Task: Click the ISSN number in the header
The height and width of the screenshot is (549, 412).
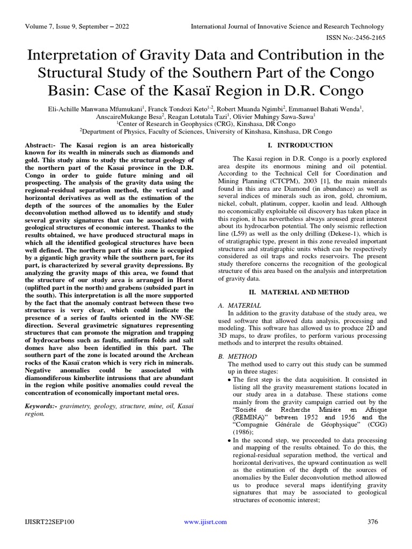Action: tap(356, 38)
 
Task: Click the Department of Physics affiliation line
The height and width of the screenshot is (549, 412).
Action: tap(205, 130)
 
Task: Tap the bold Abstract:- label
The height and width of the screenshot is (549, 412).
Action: tap(41, 146)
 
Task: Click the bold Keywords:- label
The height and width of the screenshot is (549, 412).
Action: tap(43, 407)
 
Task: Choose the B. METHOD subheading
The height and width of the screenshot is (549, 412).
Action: tap(238, 356)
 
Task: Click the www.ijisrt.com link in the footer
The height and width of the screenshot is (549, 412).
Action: tap(205, 522)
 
